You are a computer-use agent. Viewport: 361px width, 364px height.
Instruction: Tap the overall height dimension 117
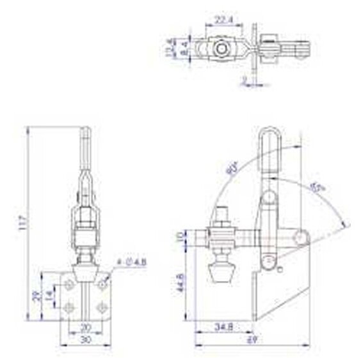tap(24, 225)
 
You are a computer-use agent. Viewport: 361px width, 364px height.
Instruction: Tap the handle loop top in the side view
tap(269, 133)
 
